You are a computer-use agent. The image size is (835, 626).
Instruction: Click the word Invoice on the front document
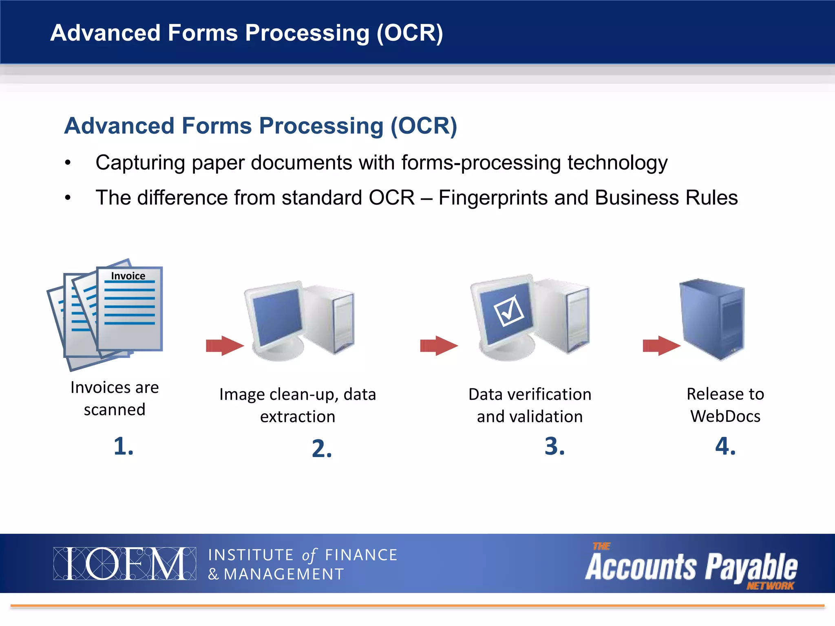click(128, 276)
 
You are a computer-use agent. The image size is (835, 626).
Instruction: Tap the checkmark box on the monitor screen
click(509, 311)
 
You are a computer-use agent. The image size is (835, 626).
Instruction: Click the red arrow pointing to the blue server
click(661, 346)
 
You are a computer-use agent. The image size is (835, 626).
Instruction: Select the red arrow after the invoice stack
click(225, 346)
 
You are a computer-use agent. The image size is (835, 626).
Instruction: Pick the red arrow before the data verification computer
click(439, 346)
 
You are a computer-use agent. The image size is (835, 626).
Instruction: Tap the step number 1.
click(123, 446)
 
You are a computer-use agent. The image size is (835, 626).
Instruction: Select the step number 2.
click(322, 449)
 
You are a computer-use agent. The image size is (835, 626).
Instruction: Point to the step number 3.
click(554, 446)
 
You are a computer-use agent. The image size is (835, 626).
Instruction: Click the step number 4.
click(725, 446)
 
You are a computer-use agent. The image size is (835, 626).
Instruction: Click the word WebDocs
click(725, 416)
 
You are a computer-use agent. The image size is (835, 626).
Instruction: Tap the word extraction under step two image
click(298, 417)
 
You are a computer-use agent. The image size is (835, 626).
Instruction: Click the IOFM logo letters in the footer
click(124, 564)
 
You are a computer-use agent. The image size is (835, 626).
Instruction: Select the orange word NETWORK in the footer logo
click(770, 586)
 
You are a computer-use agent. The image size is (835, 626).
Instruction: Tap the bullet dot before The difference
click(68, 198)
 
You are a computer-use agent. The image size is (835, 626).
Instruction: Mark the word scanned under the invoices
click(115, 410)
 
